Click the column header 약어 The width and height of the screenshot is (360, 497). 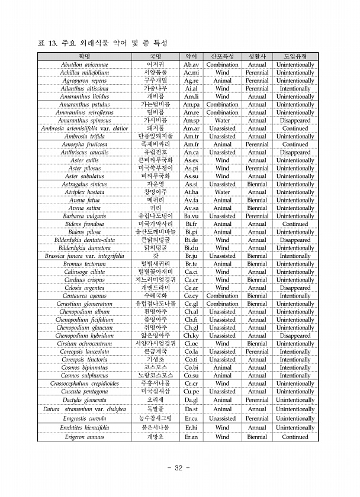(x=191, y=56)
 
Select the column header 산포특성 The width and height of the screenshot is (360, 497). (x=222, y=56)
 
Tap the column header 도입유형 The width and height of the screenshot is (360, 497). (x=295, y=56)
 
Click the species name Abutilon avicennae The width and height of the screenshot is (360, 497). (x=83, y=64)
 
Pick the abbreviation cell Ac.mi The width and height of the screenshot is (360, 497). (x=191, y=72)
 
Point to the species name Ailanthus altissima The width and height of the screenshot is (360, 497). (x=83, y=88)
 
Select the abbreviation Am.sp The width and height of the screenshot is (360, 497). (x=191, y=120)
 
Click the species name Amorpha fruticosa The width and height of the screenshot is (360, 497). (x=83, y=144)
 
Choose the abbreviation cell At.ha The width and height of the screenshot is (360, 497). (x=191, y=192)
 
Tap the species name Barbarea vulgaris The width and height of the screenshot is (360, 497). (x=83, y=216)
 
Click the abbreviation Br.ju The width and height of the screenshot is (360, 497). (x=191, y=256)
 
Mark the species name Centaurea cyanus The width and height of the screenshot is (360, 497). (x=83, y=296)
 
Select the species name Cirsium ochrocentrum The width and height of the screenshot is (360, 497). (x=83, y=343)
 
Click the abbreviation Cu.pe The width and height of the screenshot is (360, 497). (x=191, y=391)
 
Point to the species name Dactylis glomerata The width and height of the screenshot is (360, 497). (x=83, y=399)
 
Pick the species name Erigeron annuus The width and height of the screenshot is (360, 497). (x=83, y=437)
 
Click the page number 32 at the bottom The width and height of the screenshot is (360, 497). (x=179, y=468)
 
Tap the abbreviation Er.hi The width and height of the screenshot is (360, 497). (x=191, y=427)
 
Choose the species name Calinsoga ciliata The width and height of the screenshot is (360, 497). (x=83, y=272)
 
